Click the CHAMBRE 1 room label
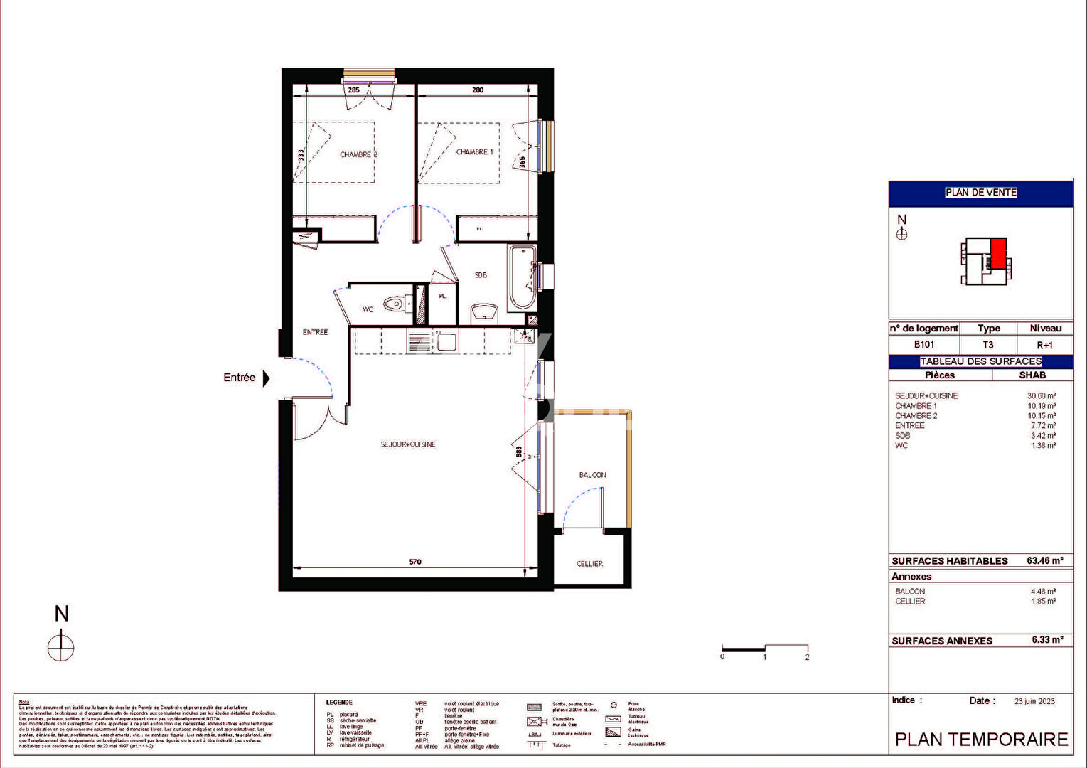pyautogui.click(x=474, y=151)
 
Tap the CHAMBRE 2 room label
pyautogui.click(x=358, y=154)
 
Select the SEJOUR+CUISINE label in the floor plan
pyautogui.click(x=408, y=444)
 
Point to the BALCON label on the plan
pyautogui.click(x=592, y=475)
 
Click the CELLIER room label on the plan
pyautogui.click(x=589, y=564)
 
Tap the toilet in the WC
pyautogui.click(x=393, y=304)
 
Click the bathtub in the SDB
pyautogui.click(x=522, y=277)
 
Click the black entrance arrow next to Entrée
pyautogui.click(x=266, y=378)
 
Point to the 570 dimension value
pyautogui.click(x=415, y=562)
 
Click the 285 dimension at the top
pyautogui.click(x=353, y=90)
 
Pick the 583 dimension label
pyautogui.click(x=519, y=452)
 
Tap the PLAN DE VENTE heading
pyautogui.click(x=980, y=193)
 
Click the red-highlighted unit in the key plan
pyautogui.click(x=999, y=253)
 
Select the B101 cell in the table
pyautogui.click(x=923, y=345)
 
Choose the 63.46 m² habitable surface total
pyautogui.click(x=1044, y=560)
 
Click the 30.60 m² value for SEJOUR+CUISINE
pyautogui.click(x=1041, y=396)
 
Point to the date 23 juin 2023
pyautogui.click(x=1034, y=701)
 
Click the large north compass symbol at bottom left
pyautogui.click(x=61, y=647)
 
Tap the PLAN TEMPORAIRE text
pyautogui.click(x=981, y=740)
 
